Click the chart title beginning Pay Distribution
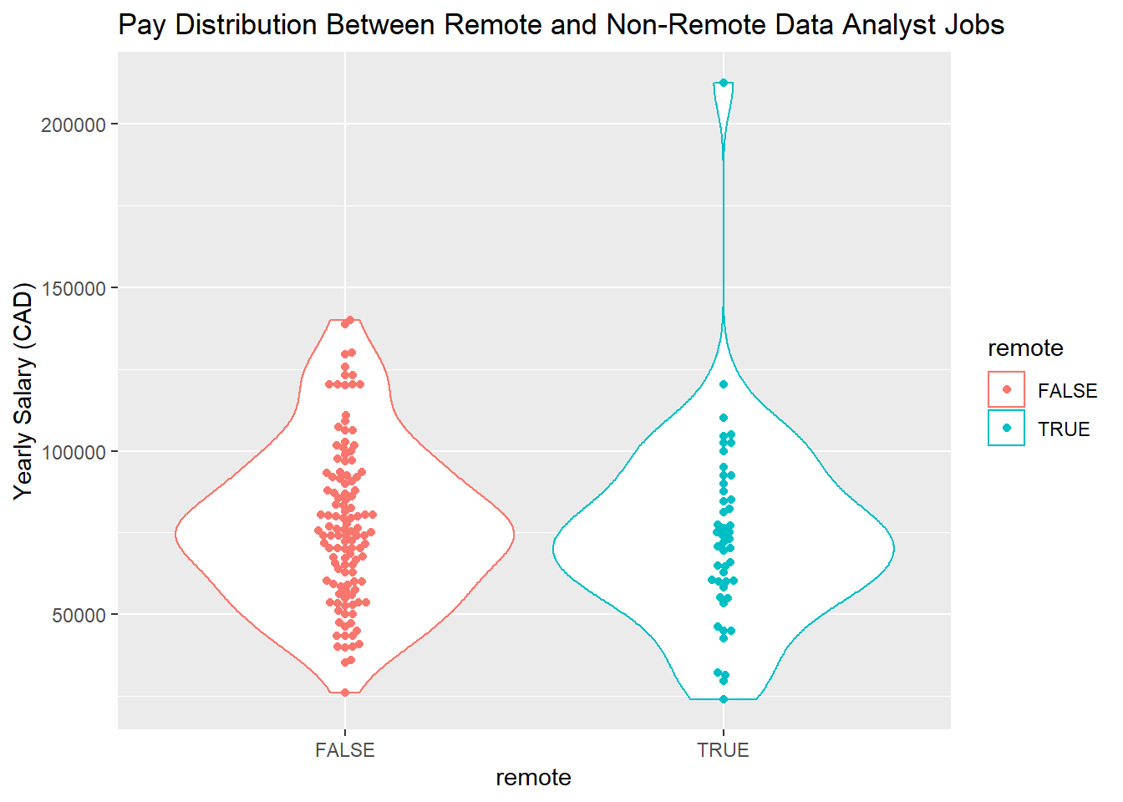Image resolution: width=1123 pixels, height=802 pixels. pyautogui.click(x=561, y=25)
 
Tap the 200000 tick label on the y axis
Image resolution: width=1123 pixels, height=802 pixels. pyautogui.click(x=74, y=124)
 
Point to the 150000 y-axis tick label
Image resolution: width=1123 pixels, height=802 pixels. pyautogui.click(x=74, y=288)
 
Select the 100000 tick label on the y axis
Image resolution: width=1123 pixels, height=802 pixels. pyautogui.click(x=74, y=452)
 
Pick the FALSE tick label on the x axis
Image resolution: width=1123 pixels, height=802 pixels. pyautogui.click(x=345, y=750)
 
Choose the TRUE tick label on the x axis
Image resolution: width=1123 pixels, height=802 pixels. pyautogui.click(x=724, y=750)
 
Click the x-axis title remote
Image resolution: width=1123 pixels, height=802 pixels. pyautogui.click(x=533, y=778)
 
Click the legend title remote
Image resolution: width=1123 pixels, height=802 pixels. pyautogui.click(x=1025, y=348)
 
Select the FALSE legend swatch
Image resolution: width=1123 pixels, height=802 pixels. pyautogui.click(x=1006, y=390)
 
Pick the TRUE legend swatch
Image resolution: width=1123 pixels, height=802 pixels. pyautogui.click(x=1006, y=429)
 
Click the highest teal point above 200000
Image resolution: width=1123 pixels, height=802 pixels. pyautogui.click(x=724, y=83)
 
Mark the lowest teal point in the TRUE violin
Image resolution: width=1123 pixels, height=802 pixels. pyautogui.click(x=724, y=699)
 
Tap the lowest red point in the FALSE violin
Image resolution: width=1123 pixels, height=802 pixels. pyautogui.click(x=345, y=693)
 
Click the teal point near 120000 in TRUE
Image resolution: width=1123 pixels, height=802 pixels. pyautogui.click(x=724, y=384)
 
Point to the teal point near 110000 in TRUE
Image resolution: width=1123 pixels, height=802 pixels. pyautogui.click(x=724, y=418)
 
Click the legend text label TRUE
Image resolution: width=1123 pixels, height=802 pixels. pyautogui.click(x=1064, y=429)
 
